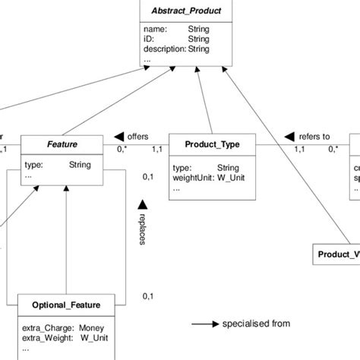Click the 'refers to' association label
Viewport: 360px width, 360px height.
314,137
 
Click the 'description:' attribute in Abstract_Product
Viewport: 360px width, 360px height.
165,49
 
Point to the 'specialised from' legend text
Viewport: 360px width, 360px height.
255,324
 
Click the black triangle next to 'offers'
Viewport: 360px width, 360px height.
118,137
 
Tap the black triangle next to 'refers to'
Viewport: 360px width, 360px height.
289,137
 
